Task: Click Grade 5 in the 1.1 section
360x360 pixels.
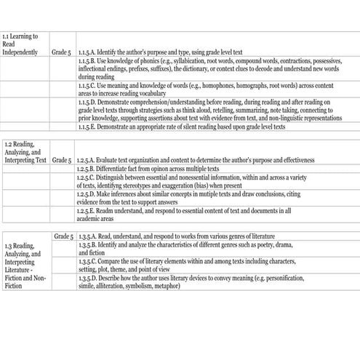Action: point(61,53)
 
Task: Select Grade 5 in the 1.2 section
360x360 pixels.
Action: point(61,159)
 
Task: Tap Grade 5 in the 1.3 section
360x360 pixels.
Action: point(63,236)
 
